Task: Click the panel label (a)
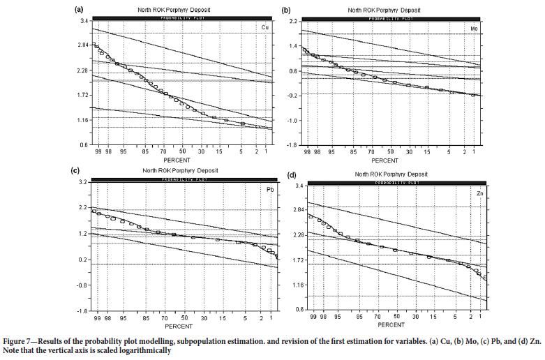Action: (x=79, y=9)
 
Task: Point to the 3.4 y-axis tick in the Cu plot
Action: (x=84, y=21)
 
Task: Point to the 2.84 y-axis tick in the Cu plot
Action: (x=82, y=45)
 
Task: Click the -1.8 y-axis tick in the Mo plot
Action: (x=291, y=145)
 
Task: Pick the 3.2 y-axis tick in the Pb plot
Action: (x=83, y=182)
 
